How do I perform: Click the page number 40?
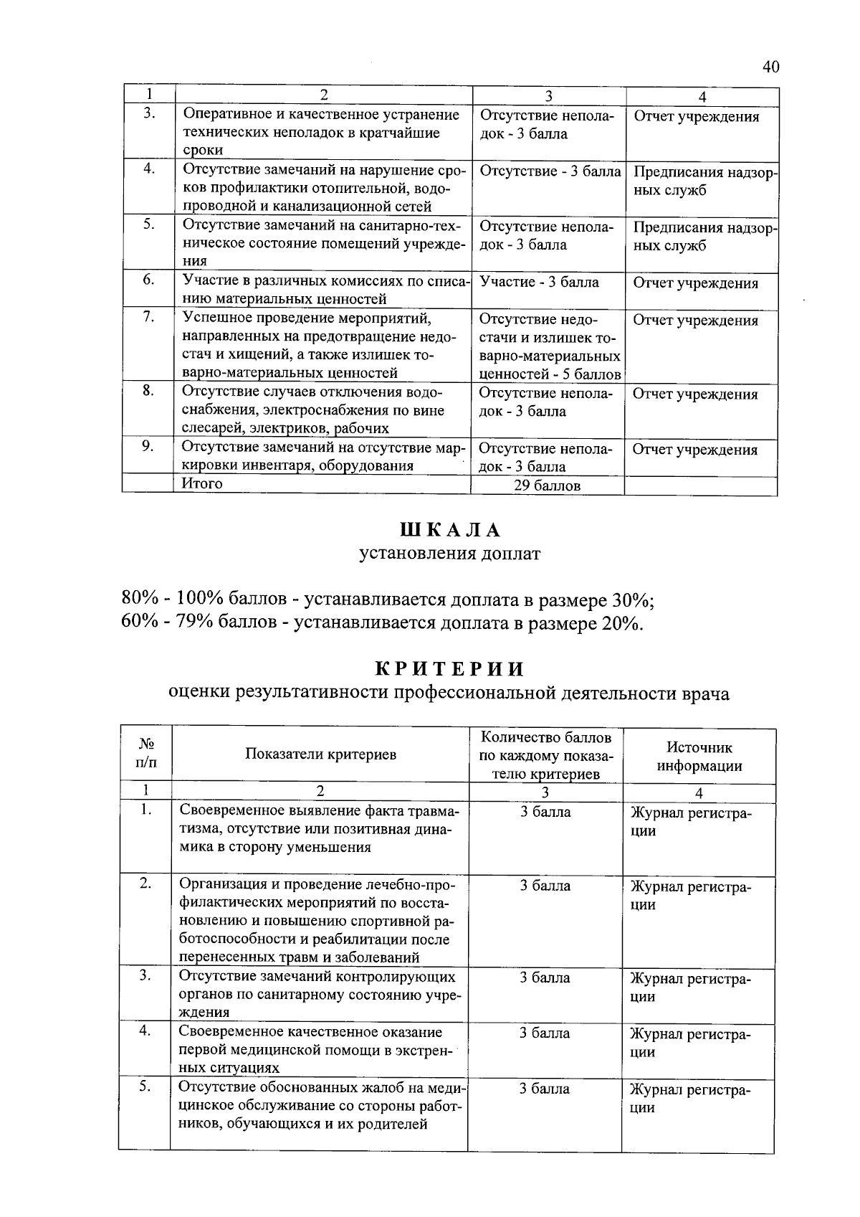click(770, 67)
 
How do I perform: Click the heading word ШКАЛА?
click(449, 530)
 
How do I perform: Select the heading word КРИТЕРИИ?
click(450, 669)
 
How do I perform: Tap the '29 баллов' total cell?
click(547, 486)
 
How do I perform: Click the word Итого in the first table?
click(202, 483)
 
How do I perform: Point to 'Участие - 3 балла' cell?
click(539, 282)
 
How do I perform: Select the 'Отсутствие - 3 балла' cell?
click(550, 171)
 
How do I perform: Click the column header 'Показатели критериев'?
click(320, 754)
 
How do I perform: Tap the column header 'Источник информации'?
click(699, 757)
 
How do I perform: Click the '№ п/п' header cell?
click(145, 754)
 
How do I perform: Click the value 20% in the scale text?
click(620, 622)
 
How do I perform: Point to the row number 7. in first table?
click(148, 317)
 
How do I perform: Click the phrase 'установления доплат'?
click(449, 554)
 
